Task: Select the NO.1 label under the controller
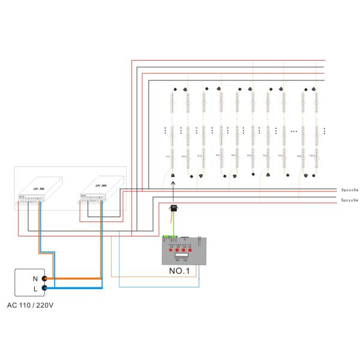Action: click(180, 271)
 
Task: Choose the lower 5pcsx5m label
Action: click(349, 199)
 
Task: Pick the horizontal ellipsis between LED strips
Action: click(293, 130)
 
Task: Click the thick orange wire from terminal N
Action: click(78, 278)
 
